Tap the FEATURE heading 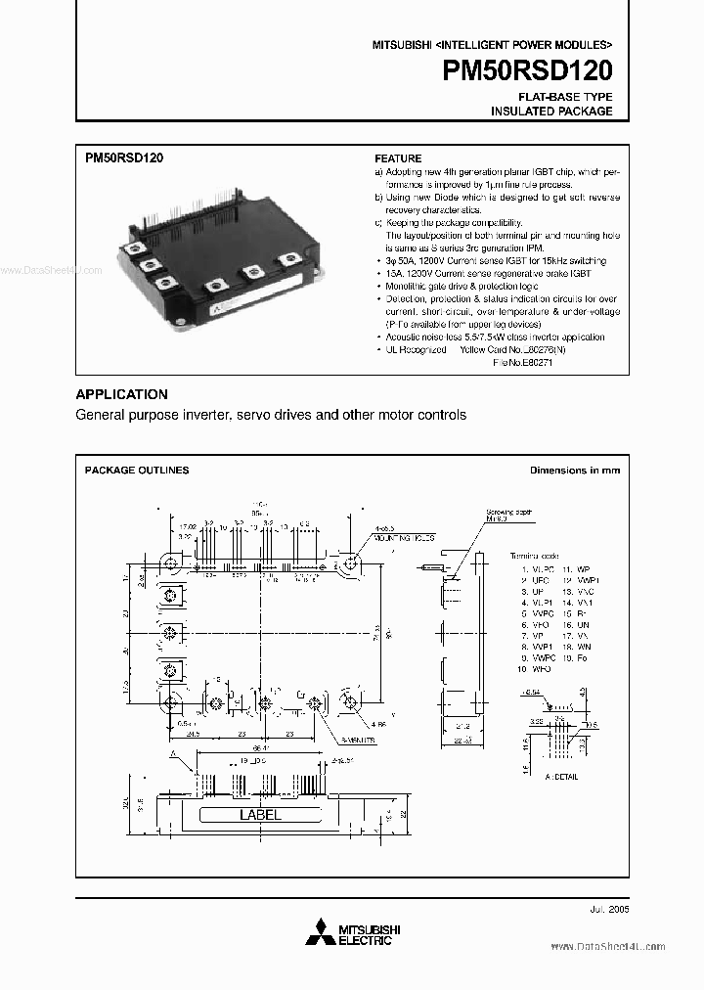point(398,158)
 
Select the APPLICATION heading point(121,394)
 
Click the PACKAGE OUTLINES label point(137,471)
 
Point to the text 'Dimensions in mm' point(574,471)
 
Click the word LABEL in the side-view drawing point(260,815)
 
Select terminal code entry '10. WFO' point(536,669)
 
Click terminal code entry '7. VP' point(534,636)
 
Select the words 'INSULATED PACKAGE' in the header point(551,112)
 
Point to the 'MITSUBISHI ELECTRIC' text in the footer point(364,934)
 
